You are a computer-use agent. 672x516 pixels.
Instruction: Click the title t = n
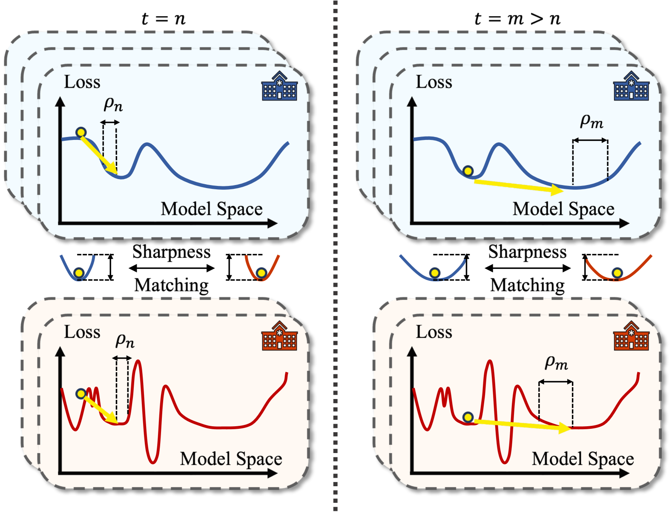(x=163, y=19)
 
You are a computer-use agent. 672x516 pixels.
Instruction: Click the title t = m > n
(x=517, y=19)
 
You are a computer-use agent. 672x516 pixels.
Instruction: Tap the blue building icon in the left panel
(x=279, y=86)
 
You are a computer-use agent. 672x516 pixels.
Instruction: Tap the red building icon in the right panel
(x=631, y=336)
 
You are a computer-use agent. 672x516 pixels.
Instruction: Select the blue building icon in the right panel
(x=631, y=86)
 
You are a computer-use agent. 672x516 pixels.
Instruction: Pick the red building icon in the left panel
(x=279, y=336)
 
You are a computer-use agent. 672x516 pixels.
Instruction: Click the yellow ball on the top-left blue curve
(x=81, y=133)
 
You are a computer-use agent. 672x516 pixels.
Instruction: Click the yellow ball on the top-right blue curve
(x=468, y=171)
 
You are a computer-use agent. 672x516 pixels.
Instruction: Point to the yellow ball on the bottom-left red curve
(x=80, y=394)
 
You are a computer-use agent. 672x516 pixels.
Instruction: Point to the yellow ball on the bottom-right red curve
(x=468, y=417)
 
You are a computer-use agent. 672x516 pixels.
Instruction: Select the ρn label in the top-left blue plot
(x=113, y=104)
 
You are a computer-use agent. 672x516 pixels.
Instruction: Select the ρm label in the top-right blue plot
(x=592, y=122)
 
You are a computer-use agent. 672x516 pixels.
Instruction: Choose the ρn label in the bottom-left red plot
(x=125, y=341)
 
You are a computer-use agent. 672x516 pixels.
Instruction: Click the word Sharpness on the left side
(x=171, y=252)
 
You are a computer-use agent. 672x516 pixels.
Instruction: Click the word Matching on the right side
(x=527, y=285)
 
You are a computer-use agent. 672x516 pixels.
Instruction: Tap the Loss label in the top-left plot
(x=82, y=82)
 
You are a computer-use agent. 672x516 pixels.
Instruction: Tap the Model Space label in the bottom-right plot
(x=583, y=459)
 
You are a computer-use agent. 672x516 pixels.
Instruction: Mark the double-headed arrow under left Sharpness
(x=171, y=268)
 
